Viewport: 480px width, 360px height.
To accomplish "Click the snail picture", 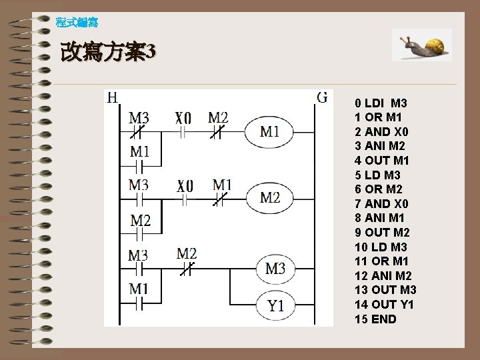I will [421, 45].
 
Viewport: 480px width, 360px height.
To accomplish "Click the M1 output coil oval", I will [270, 131].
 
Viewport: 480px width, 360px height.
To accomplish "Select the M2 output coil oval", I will [270, 197].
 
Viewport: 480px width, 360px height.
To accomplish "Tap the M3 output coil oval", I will [275, 269].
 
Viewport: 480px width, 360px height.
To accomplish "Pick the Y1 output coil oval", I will [275, 305].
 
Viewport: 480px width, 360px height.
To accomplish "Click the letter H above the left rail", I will [113, 97].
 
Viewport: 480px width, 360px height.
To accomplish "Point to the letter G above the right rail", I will [322, 97].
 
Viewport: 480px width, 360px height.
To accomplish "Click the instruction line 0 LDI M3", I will [381, 103].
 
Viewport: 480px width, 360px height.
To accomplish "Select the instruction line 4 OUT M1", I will [382, 161].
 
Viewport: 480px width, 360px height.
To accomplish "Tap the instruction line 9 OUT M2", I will [382, 233].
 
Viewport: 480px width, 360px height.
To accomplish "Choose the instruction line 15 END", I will [375, 319].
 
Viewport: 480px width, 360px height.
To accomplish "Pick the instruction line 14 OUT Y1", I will [384, 305].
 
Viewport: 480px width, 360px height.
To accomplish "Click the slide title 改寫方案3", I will [108, 52].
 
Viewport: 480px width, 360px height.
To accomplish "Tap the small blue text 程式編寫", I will [77, 23].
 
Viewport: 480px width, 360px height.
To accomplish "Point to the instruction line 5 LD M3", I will [378, 175].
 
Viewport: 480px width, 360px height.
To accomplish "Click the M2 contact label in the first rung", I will [218, 118].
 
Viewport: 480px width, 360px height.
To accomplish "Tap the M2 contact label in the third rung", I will [187, 253].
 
